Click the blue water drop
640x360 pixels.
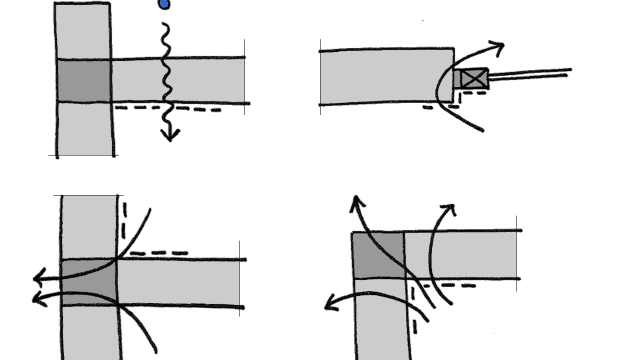[164, 4]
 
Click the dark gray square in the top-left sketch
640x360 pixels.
[83, 80]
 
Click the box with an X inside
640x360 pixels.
[474, 78]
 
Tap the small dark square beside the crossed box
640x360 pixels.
[457, 78]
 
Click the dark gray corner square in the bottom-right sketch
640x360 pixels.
[378, 255]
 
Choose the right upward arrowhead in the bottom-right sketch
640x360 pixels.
[448, 209]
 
